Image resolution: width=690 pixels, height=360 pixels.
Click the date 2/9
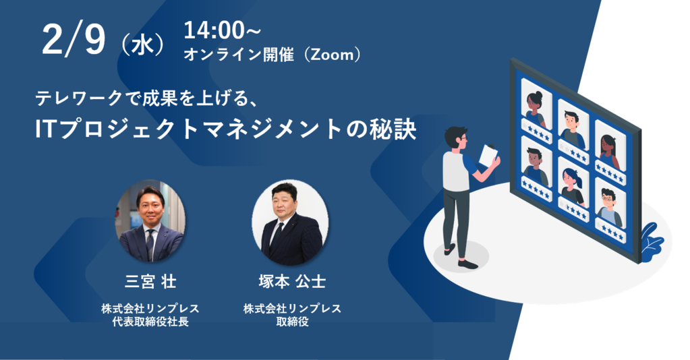tap(74, 40)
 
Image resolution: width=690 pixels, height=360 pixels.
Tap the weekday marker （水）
tap(142, 45)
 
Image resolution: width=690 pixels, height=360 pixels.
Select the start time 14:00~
tap(222, 30)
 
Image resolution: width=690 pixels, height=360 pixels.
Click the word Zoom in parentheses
tap(333, 55)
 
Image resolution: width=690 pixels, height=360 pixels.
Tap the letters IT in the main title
tap(47, 130)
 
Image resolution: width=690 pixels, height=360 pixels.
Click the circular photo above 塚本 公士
tap(290, 222)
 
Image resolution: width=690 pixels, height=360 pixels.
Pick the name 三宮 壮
tap(150, 282)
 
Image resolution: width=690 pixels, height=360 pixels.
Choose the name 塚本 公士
tap(292, 282)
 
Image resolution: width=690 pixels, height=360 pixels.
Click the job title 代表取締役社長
tap(150, 322)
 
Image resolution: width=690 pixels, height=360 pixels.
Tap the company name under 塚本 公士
tap(292, 309)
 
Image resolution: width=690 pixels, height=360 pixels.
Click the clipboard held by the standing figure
tap(489, 154)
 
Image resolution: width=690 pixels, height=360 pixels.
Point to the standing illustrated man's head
tap(456, 138)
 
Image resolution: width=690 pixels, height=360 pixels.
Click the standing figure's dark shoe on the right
tap(467, 264)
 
